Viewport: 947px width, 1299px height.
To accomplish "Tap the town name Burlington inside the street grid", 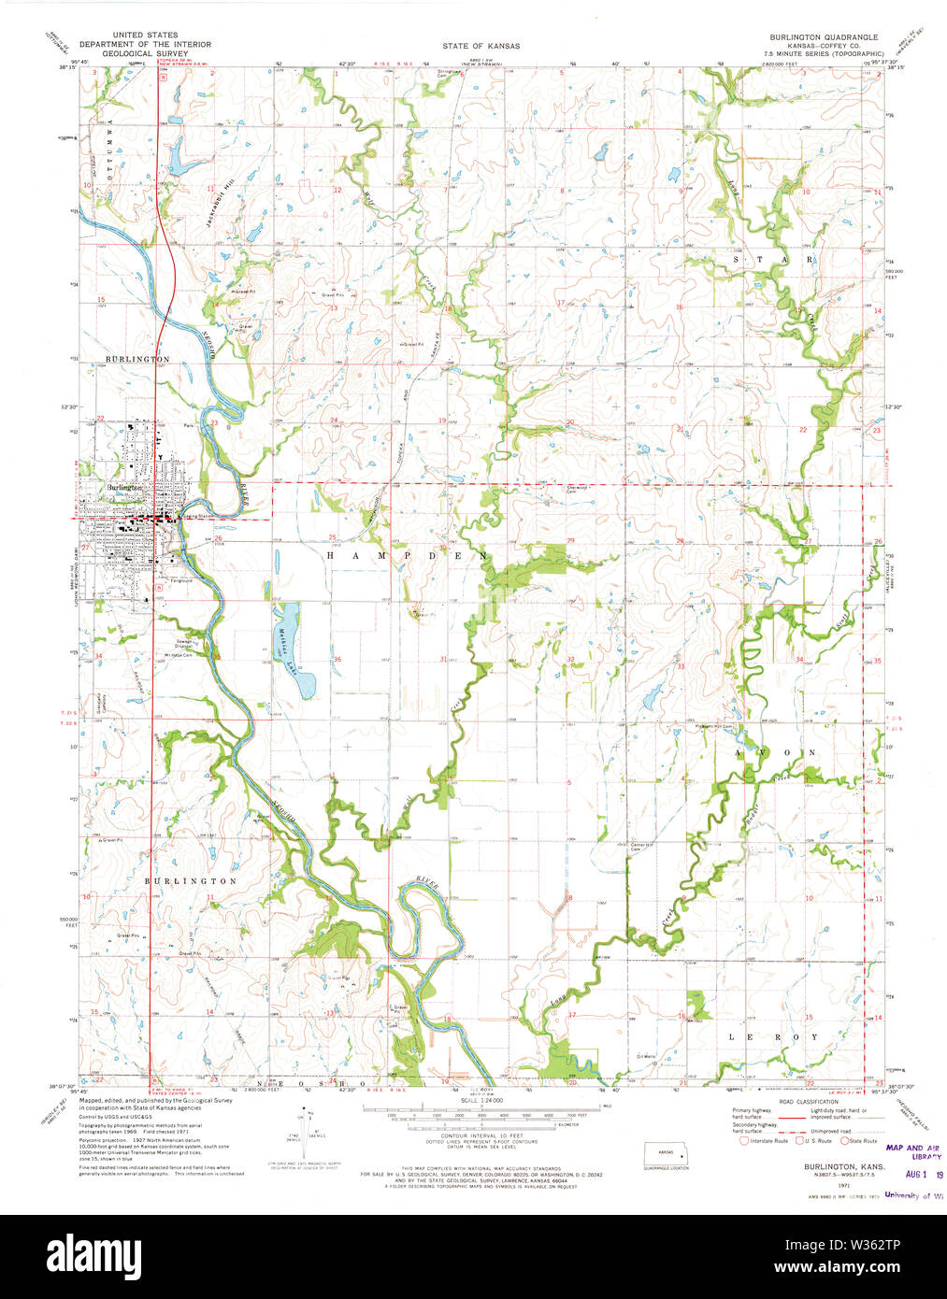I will pyautogui.click(x=124, y=488).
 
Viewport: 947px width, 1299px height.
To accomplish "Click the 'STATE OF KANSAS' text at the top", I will pyautogui.click(x=481, y=46).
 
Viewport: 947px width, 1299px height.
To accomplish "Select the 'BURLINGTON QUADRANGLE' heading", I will pyautogui.click(x=824, y=36).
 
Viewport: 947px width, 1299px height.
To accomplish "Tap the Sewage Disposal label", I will pyautogui.click(x=184, y=644).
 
